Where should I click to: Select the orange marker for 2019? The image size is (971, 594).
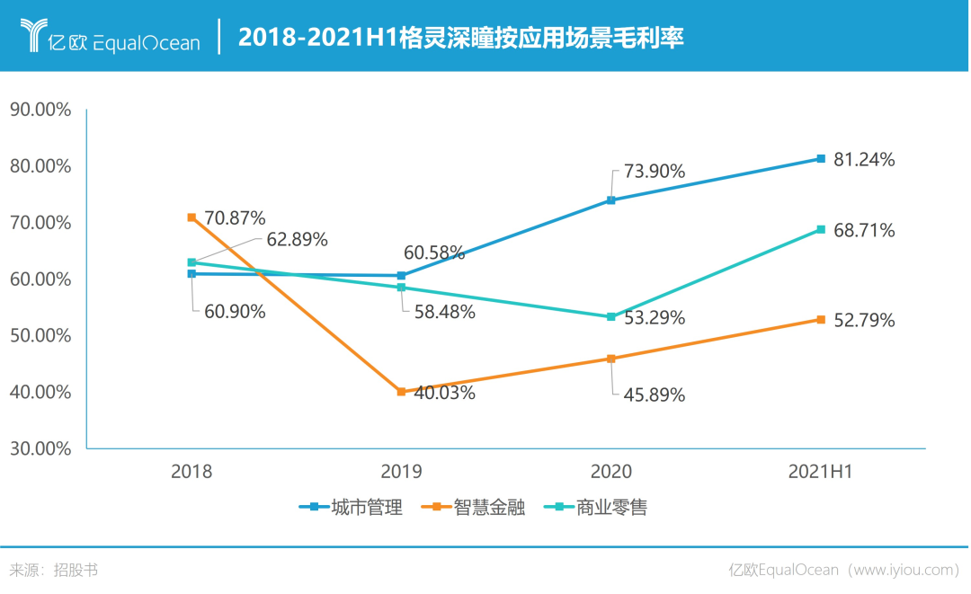coord(401,392)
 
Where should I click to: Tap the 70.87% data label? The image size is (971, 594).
coord(235,217)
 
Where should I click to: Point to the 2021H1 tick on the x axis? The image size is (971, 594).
coord(820,472)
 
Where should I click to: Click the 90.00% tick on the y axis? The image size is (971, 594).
coord(40,110)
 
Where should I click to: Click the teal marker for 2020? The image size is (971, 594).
coord(611,317)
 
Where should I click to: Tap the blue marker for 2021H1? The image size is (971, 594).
coord(821,159)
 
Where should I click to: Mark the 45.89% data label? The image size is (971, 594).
coord(654,395)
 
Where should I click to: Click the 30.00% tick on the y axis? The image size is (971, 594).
coord(40,448)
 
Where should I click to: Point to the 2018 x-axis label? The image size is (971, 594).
coord(192,472)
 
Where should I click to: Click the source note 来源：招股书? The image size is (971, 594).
coord(54,570)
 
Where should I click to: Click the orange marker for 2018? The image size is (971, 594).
coord(192,217)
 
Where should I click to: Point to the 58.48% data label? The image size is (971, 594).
coord(444,312)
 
